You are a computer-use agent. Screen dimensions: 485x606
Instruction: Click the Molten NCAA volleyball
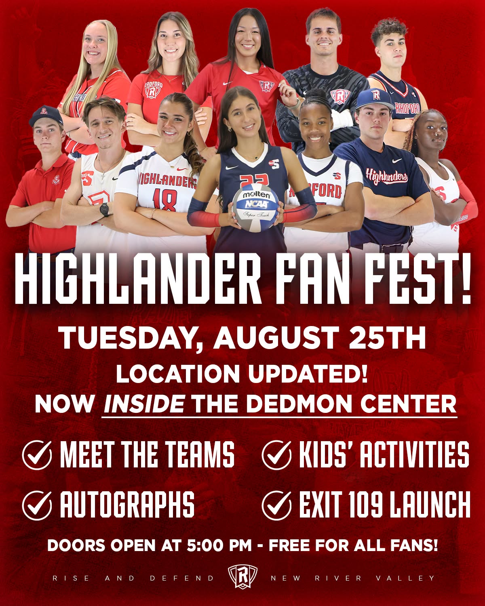click(255, 207)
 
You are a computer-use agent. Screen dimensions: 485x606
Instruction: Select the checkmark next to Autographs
click(37, 505)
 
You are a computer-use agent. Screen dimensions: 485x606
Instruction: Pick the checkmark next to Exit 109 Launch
click(276, 505)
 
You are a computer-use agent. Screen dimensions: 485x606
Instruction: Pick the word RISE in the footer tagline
click(71, 584)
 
